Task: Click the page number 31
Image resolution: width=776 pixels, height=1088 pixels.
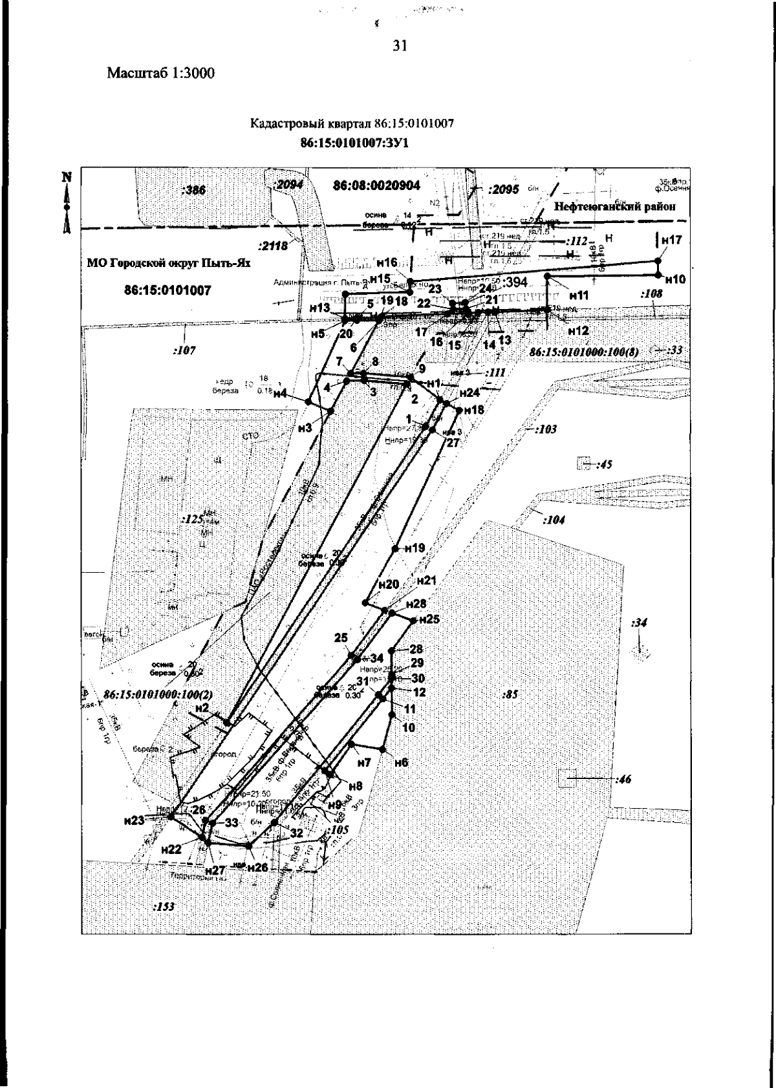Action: click(399, 46)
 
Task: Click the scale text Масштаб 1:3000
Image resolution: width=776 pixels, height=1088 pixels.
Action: click(160, 73)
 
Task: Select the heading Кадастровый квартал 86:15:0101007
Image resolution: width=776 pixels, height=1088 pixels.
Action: click(352, 125)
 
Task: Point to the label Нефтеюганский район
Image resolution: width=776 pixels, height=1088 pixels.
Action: click(615, 207)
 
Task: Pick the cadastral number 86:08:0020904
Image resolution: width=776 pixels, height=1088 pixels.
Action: click(376, 186)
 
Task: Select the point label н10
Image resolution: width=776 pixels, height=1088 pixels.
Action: click(675, 280)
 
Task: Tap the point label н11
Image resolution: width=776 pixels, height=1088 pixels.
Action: click(579, 295)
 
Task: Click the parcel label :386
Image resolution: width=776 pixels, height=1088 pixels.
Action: click(193, 190)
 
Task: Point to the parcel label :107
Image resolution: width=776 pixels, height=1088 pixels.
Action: click(184, 351)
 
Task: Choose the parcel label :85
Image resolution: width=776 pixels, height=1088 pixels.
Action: click(511, 696)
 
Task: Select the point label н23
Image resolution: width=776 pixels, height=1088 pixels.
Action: click(134, 820)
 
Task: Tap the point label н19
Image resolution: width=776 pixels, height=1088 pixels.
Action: click(415, 548)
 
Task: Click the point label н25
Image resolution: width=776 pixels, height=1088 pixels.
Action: click(429, 619)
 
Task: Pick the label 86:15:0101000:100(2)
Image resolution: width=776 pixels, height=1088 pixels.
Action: click(158, 694)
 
